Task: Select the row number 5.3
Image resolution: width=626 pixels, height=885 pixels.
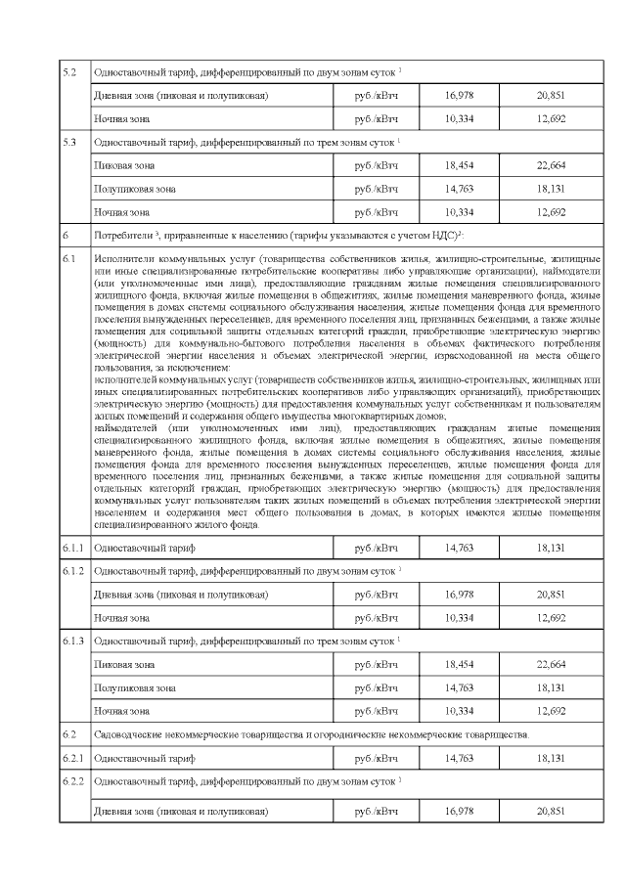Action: (x=69, y=142)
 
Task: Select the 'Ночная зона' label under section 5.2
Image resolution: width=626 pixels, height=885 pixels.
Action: (x=121, y=118)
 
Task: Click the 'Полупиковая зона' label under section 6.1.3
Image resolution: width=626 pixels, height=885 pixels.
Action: (x=135, y=687)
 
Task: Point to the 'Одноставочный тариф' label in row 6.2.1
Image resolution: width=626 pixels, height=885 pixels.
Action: (x=144, y=757)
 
